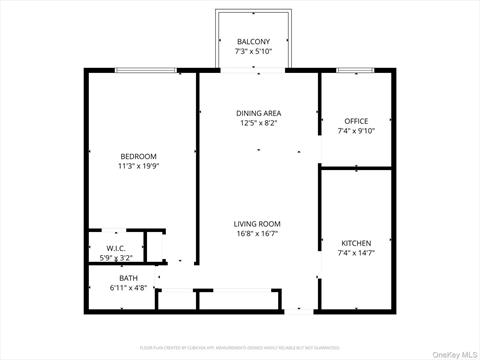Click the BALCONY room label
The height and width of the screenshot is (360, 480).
[x=251, y=41]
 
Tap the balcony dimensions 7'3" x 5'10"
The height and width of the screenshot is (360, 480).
[x=251, y=51]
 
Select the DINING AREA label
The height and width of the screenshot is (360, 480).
[x=257, y=113]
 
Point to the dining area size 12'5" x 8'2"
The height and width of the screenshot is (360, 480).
[x=257, y=124]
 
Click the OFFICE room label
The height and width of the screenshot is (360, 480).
[x=356, y=121]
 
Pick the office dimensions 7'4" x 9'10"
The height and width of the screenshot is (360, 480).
[x=356, y=131]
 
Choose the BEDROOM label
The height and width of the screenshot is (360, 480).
[x=138, y=156]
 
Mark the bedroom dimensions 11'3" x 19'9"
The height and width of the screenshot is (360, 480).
[x=138, y=167]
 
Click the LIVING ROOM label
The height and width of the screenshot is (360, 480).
[x=257, y=224]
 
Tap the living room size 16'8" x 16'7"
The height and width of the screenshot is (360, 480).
[x=257, y=235]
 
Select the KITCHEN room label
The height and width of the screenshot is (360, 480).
[x=356, y=243]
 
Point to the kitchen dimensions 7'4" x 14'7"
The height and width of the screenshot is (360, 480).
[x=356, y=254]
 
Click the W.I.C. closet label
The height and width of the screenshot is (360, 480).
[x=115, y=248]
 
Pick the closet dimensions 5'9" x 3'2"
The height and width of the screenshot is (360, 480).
[x=115, y=258]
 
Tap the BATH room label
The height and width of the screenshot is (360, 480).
[x=128, y=278]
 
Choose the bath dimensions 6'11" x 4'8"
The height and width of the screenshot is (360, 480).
[x=128, y=288]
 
